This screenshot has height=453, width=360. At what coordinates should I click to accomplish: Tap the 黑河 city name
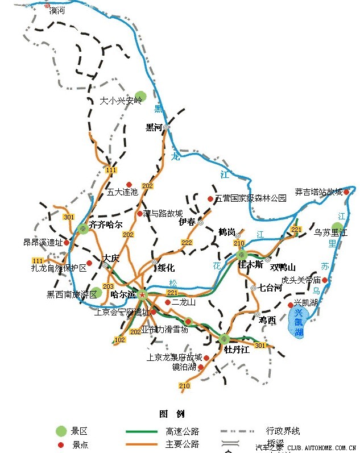pyautogui.click(x=154, y=127)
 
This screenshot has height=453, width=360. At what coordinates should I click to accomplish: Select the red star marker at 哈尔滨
pyautogui.click(x=142, y=294)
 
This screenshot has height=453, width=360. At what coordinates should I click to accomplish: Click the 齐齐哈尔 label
pyautogui.click(x=106, y=225)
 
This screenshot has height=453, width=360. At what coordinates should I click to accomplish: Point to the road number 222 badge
pyautogui.click(x=187, y=243)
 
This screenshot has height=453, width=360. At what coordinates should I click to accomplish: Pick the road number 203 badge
pyautogui.click(x=108, y=286)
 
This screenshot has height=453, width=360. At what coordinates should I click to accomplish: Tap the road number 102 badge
pyautogui.click(x=119, y=340)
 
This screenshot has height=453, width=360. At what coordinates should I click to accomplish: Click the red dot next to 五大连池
pyautogui.click(x=130, y=183)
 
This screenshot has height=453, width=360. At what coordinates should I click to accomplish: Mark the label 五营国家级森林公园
pyautogui.click(x=251, y=198)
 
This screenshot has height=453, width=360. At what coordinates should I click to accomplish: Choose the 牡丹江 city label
pyautogui.click(x=237, y=350)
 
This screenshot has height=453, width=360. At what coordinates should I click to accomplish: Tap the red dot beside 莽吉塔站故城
pyautogui.click(x=346, y=192)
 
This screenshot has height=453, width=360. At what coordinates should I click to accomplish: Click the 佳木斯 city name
pyautogui.click(x=250, y=264)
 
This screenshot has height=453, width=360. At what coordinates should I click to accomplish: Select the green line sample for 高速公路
pyautogui.click(x=141, y=431)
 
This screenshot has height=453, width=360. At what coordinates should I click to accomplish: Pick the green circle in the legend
pyautogui.click(x=61, y=431)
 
